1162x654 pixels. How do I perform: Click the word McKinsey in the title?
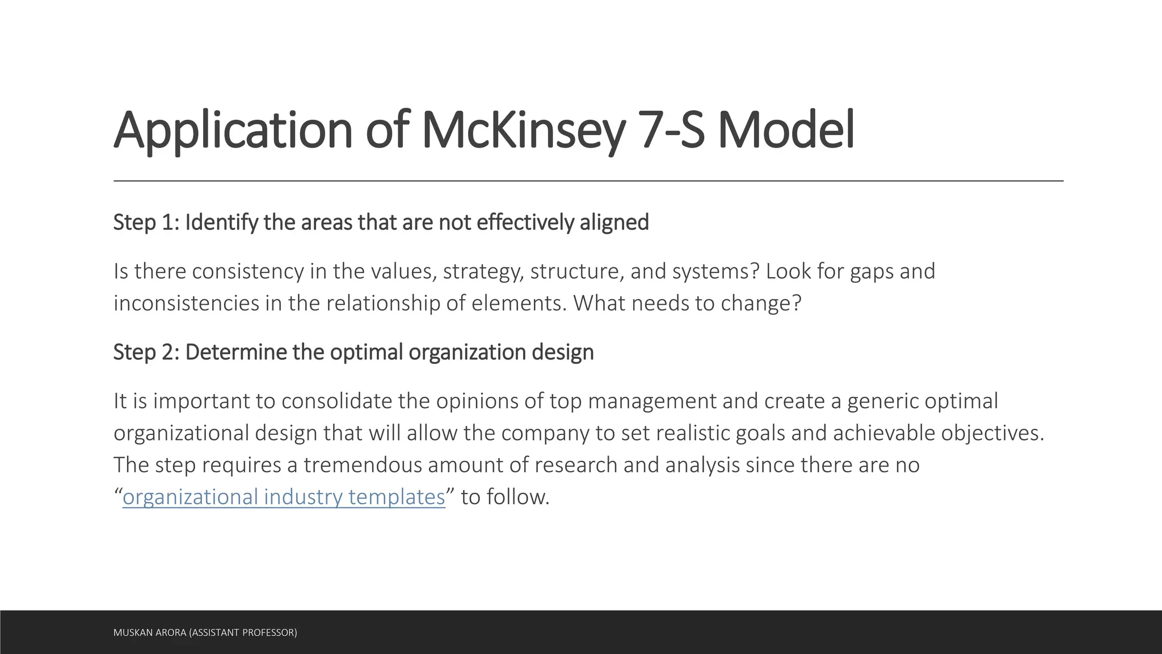[522, 131]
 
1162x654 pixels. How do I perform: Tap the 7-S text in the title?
[672, 131]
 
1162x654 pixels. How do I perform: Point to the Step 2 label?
[146, 353]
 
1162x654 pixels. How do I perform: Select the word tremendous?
[363, 465]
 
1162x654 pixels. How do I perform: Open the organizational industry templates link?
[284, 497]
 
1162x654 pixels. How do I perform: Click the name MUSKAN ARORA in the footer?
[150, 632]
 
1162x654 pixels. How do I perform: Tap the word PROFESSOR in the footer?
[270, 632]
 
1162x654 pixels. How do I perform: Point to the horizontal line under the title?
[588, 181]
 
